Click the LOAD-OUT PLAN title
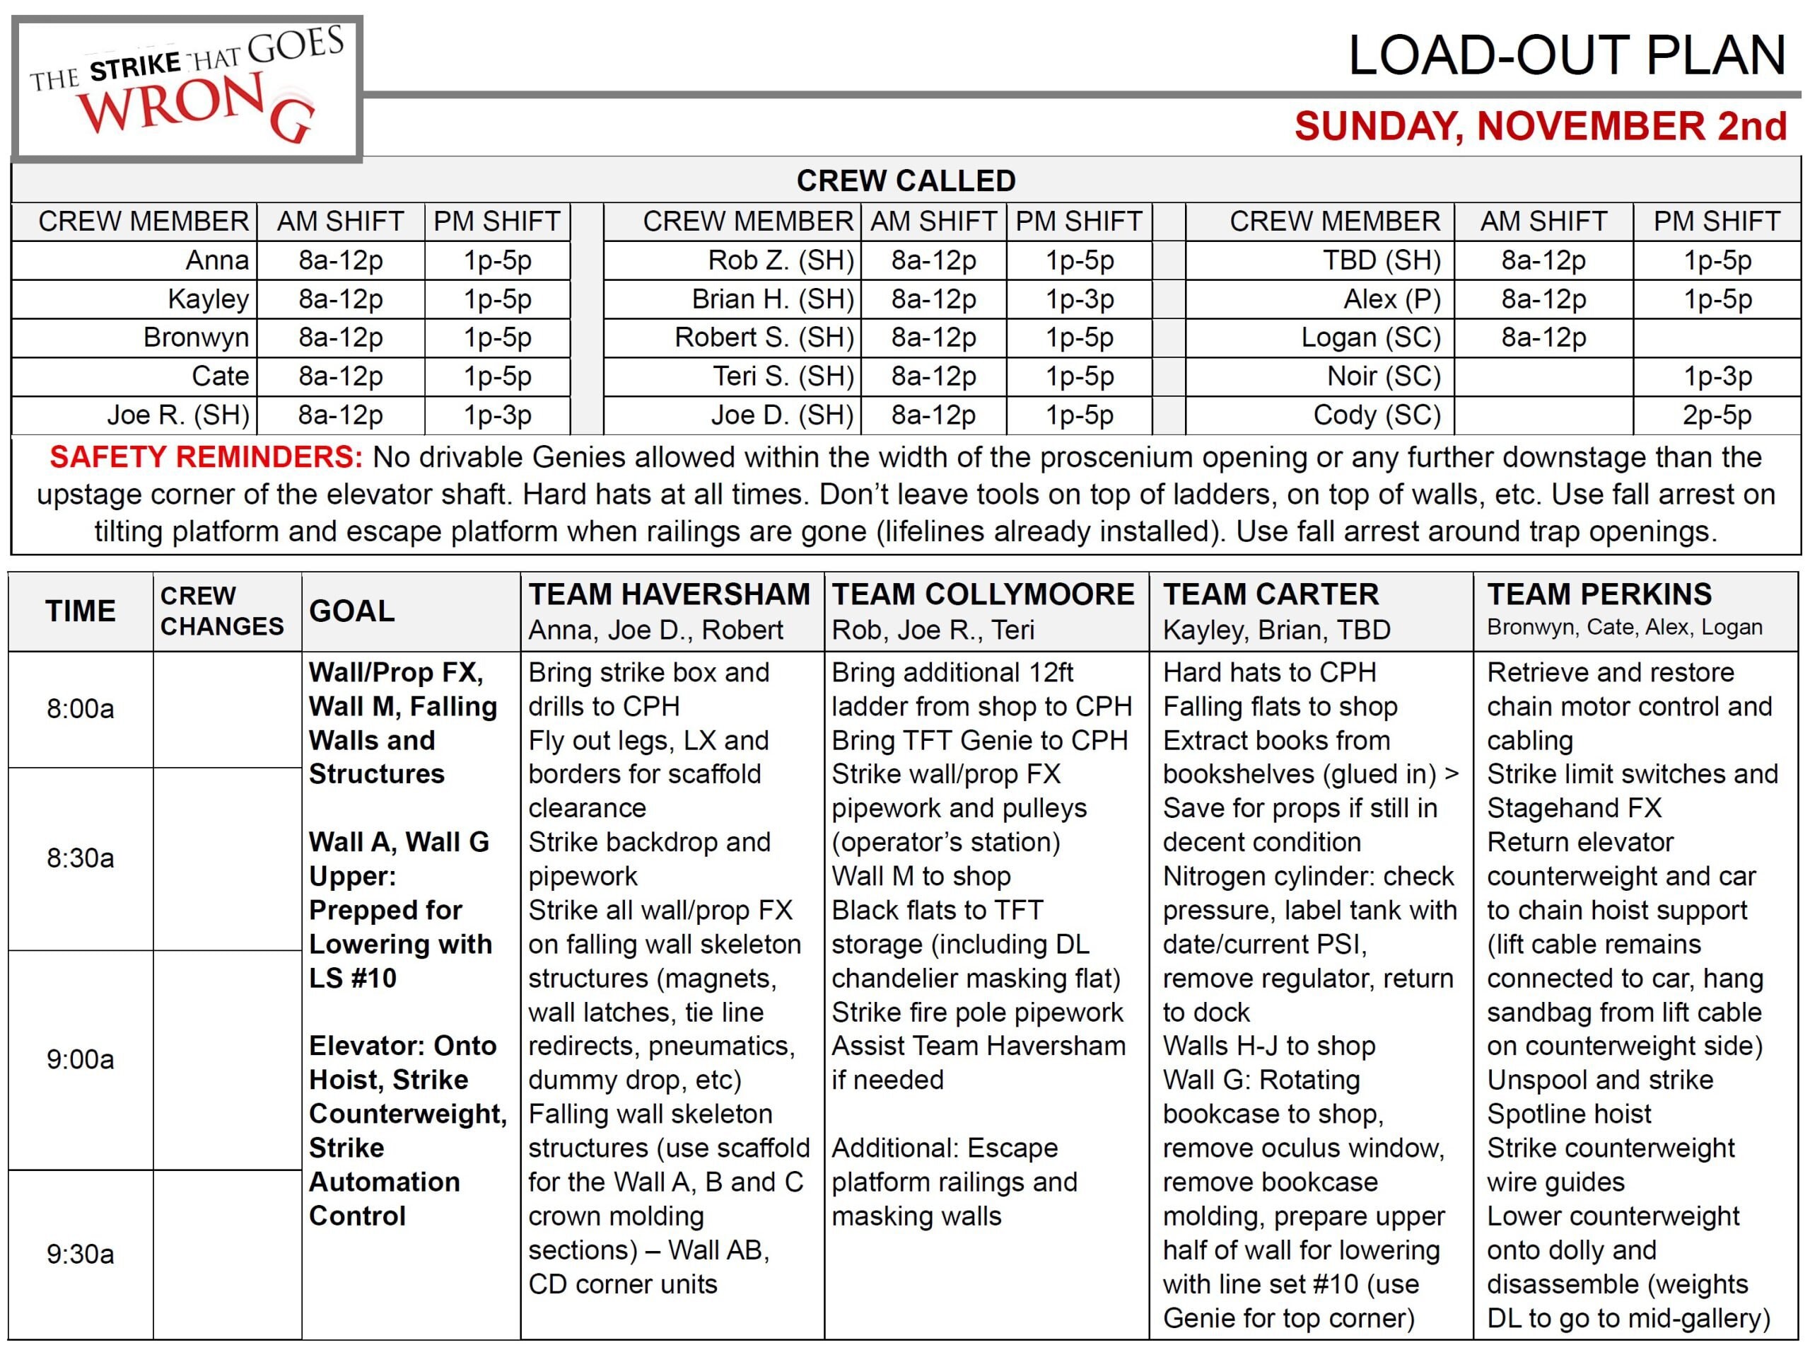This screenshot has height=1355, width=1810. [1566, 56]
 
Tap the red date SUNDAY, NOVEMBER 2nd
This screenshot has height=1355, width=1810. [1540, 126]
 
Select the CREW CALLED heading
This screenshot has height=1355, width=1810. [906, 180]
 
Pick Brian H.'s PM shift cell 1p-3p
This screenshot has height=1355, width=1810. [1080, 299]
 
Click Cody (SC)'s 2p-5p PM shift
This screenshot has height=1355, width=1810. [1717, 415]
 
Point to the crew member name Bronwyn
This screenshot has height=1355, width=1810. [196, 338]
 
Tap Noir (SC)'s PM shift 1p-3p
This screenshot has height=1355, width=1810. [1717, 376]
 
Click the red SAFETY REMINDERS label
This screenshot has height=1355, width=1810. [206, 457]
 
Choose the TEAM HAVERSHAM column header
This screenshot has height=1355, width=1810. [669, 594]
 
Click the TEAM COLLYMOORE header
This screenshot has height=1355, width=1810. [983, 594]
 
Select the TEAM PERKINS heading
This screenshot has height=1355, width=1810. [1599, 594]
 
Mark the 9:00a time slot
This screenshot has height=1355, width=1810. [80, 1059]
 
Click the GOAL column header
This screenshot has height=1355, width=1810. [352, 611]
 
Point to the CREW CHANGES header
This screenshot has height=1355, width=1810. [222, 611]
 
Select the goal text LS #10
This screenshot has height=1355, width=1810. [352, 978]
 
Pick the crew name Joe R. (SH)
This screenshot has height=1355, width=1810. [178, 415]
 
